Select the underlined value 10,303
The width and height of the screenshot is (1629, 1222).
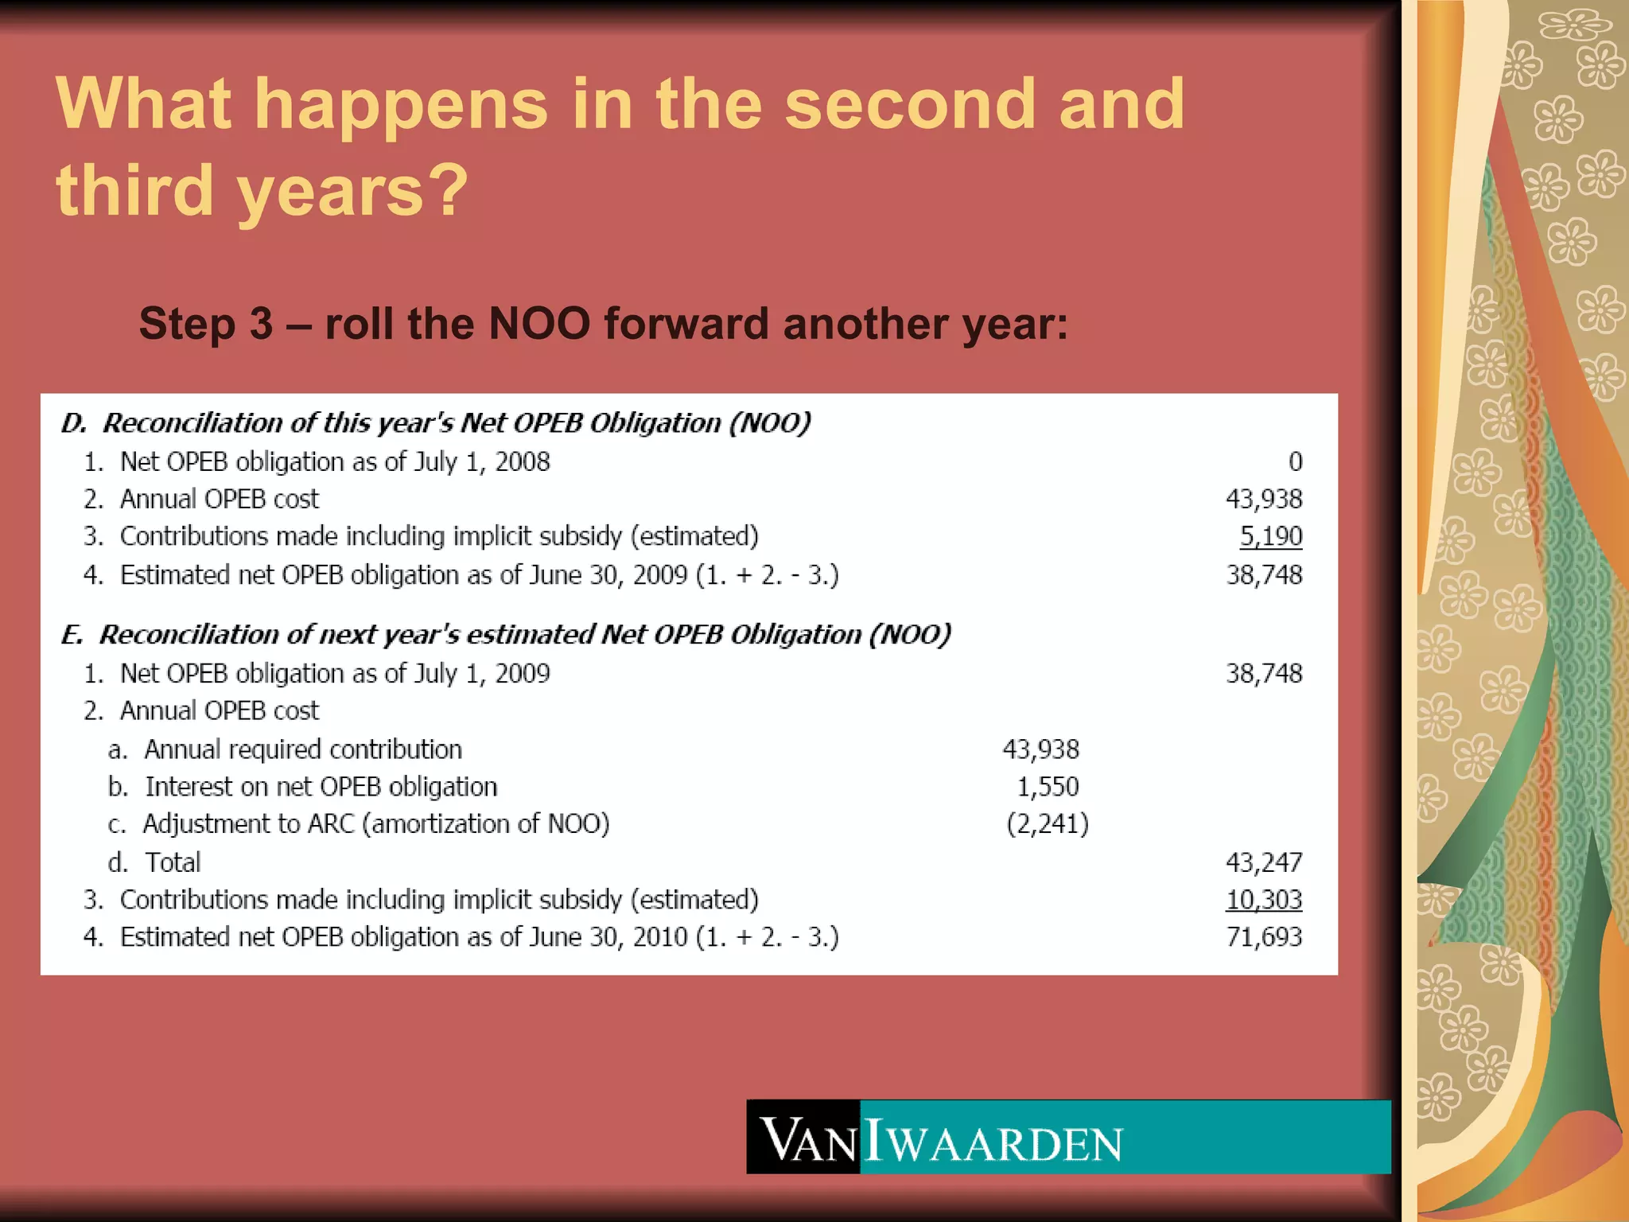[1263, 900]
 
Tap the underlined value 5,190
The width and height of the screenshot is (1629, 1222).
[1270, 536]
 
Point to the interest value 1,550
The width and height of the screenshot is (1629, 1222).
[1048, 787]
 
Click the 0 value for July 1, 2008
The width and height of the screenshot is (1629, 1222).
[1295, 461]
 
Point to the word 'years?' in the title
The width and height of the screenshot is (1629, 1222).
[352, 191]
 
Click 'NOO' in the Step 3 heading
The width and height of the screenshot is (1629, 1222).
[538, 324]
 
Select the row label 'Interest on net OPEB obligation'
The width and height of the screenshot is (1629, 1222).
[321, 787]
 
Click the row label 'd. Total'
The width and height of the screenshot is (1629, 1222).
[155, 862]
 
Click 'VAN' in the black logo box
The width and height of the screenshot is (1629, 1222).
[805, 1140]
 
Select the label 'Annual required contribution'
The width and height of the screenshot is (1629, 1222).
[302, 749]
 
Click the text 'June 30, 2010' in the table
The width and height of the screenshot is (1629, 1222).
[608, 937]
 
